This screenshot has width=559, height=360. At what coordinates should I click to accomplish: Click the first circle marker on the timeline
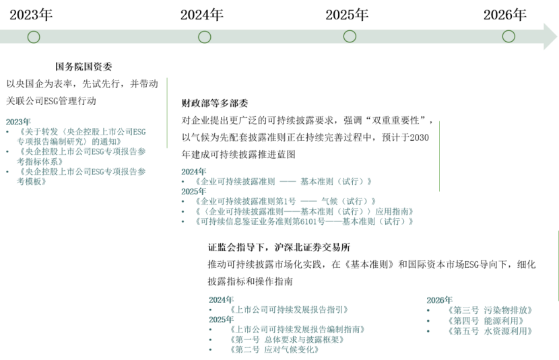pos(34,37)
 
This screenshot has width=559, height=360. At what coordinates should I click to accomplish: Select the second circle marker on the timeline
pos(205,37)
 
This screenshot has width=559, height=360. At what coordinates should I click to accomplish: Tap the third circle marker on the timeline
pos(350,36)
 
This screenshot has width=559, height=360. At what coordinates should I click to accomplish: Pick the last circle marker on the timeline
pos(508,36)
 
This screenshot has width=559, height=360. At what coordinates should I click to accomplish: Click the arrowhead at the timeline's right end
pos(550,36)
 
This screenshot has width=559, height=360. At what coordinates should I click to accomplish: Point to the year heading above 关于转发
pos(18,122)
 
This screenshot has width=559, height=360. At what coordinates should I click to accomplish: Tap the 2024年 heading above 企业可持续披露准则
pos(193,172)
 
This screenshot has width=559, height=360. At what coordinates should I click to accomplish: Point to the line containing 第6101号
pos(303,221)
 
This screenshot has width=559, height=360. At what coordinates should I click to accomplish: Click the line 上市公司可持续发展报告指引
pos(290,310)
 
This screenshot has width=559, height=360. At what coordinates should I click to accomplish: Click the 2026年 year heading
pos(439,300)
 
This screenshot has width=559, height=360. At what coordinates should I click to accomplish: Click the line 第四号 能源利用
pos(485,321)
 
